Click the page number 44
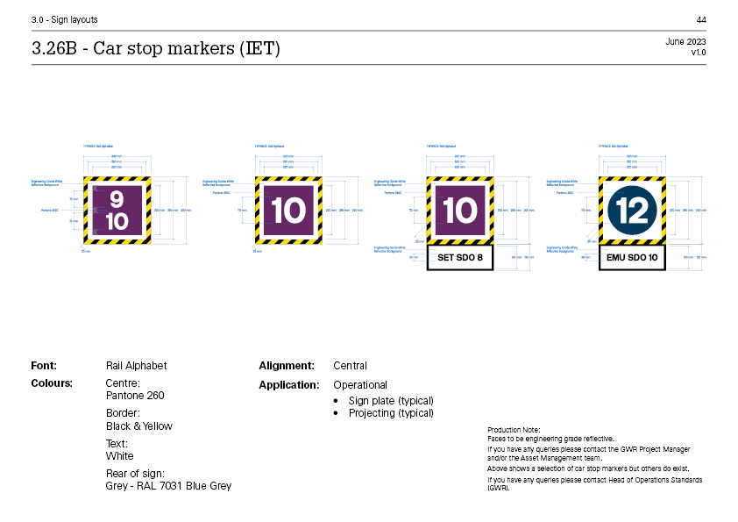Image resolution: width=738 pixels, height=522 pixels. tap(701, 19)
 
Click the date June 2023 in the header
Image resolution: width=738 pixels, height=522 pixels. tap(685, 42)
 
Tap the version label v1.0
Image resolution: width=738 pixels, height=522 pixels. tap(698, 53)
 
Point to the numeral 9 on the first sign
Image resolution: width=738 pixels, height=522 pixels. tap(117, 198)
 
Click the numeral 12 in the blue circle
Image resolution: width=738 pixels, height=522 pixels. tap(631, 211)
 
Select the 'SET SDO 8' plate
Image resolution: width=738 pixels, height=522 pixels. tap(460, 258)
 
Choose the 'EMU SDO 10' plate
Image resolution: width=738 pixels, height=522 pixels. tap(632, 258)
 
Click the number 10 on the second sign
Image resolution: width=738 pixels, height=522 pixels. tap(288, 211)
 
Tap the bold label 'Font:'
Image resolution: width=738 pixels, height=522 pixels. tap(44, 366)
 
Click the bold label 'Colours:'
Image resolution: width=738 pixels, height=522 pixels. tap(52, 383)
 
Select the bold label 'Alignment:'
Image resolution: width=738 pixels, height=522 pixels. tap(287, 366)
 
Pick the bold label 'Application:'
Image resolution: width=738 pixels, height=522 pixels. tap(288, 385)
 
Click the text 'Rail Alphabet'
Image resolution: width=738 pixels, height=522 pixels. tap(136, 366)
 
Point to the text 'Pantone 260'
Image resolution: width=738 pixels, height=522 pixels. tap(134, 396)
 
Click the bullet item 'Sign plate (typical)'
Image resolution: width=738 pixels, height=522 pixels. tap(391, 401)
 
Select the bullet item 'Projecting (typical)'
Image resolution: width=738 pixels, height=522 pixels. tap(391, 413)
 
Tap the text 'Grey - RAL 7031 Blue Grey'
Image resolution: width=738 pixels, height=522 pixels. tap(168, 486)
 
